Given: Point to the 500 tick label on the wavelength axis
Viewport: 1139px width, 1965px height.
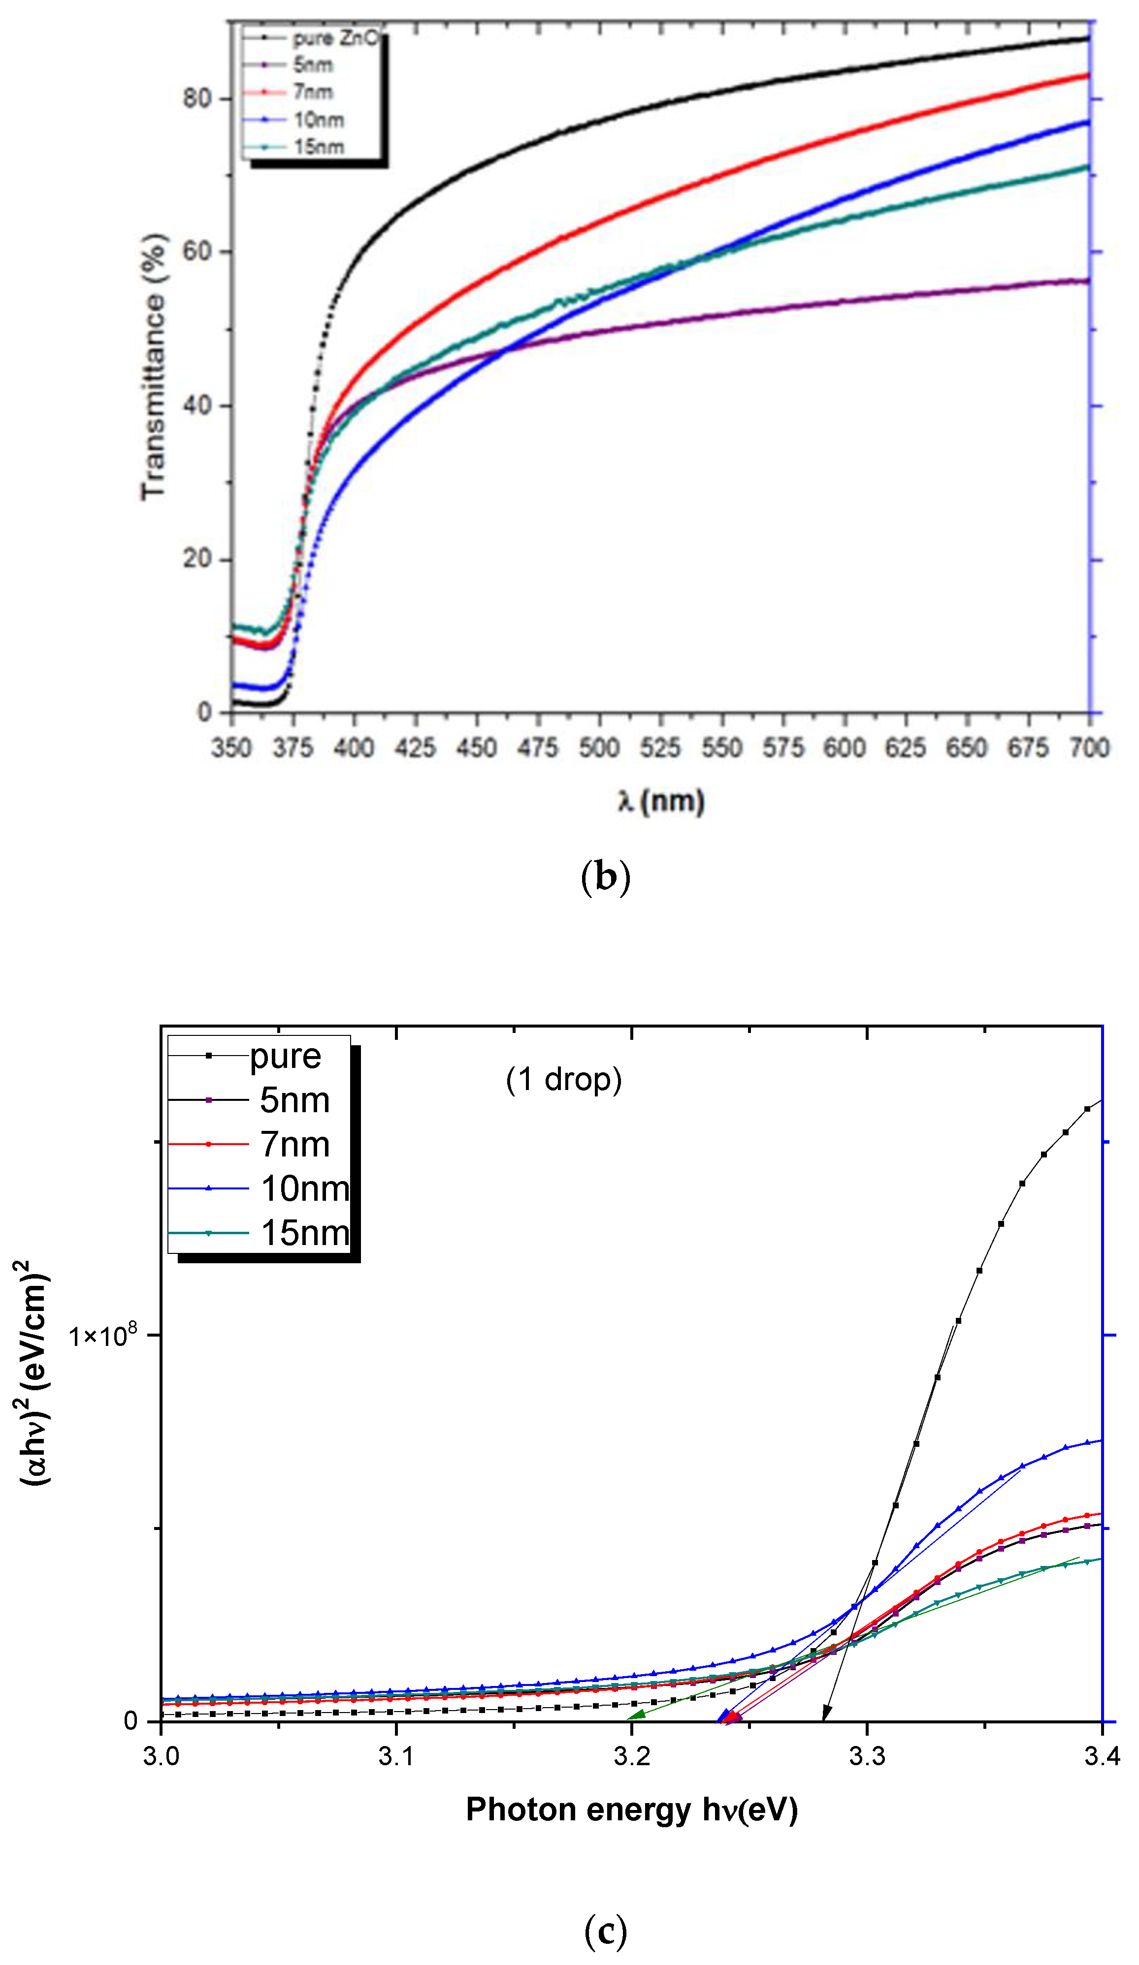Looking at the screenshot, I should point(598,748).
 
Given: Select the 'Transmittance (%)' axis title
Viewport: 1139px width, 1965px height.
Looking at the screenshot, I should point(154,367).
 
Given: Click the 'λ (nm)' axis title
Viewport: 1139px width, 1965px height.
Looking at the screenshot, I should point(661,802).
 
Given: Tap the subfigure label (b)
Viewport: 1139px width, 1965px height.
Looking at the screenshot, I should point(605,876).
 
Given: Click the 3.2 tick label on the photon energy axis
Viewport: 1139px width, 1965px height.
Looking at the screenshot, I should point(631,1756).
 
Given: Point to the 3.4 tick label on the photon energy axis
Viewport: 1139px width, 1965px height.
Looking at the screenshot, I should point(1101,1756).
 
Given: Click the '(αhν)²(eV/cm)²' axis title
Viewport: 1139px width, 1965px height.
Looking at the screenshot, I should point(34,1372).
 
